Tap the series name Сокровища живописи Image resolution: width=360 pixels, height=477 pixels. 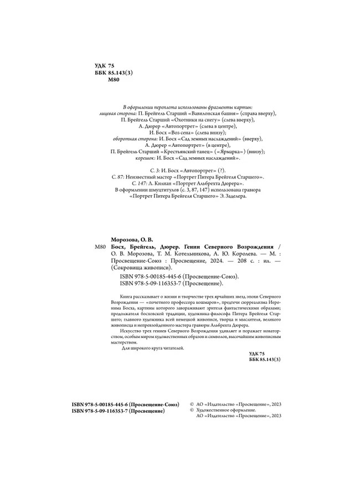point(146,265)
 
